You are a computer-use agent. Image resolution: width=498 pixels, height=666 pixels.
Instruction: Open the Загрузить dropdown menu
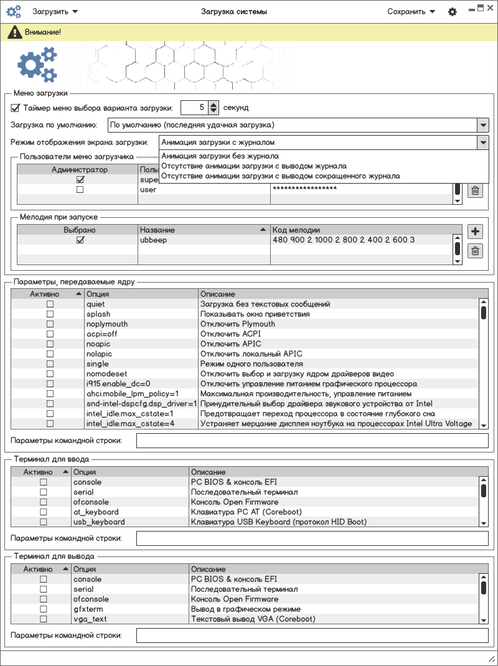click(x=55, y=11)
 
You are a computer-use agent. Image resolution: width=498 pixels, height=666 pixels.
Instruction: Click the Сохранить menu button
click(x=411, y=11)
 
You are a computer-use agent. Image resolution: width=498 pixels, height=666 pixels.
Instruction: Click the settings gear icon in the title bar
click(x=453, y=12)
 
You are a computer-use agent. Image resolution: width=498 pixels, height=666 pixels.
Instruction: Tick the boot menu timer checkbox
click(x=16, y=108)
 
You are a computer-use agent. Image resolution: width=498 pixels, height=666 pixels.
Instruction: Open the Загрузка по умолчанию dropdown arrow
click(x=483, y=124)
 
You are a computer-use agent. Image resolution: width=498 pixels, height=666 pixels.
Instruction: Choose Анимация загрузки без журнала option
click(x=220, y=156)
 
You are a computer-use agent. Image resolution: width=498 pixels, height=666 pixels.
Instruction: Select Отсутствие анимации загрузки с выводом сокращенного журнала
click(x=280, y=176)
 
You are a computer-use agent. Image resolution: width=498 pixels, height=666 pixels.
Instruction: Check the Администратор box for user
click(x=80, y=190)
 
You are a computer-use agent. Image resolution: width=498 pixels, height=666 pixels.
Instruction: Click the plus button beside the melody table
click(x=475, y=232)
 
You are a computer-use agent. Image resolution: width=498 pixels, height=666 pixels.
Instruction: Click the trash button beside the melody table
click(x=475, y=251)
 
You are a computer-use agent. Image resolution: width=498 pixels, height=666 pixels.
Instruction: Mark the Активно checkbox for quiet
click(x=50, y=304)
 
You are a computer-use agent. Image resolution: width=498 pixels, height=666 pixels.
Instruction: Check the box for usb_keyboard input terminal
click(x=44, y=522)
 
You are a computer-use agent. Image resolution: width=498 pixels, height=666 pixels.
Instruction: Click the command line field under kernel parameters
click(x=312, y=441)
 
